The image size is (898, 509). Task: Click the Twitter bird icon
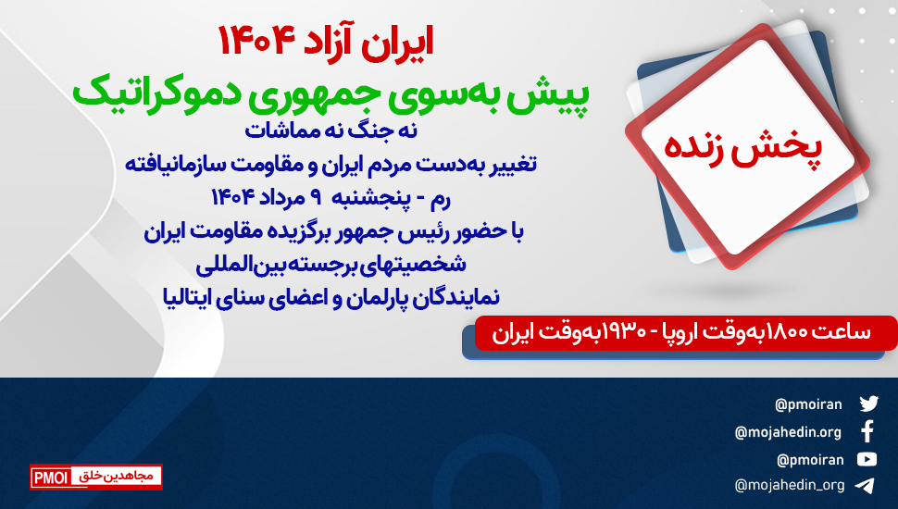tap(868, 403)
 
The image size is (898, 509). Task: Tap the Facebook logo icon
tap(867, 431)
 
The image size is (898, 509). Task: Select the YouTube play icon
tap(867, 459)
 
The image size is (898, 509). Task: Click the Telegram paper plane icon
tap(865, 486)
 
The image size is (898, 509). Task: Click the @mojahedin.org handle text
tap(788, 432)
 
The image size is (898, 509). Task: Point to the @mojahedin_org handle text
tap(789, 486)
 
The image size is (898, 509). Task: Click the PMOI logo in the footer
tap(96, 477)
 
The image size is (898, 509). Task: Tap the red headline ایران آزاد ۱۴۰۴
tap(325, 42)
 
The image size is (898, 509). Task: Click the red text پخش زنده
tap(742, 149)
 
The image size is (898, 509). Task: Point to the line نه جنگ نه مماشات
tap(331, 131)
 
